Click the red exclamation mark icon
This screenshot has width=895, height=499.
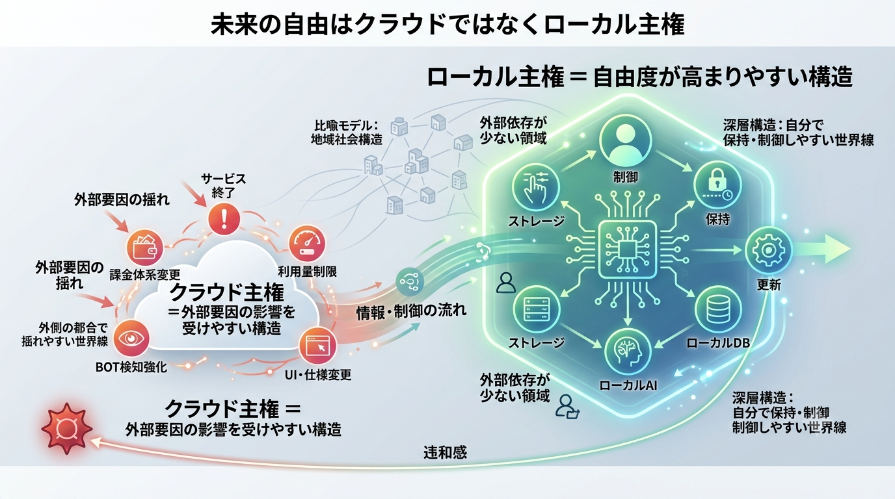tap(224, 218)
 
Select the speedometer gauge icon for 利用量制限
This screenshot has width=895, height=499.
tap(307, 243)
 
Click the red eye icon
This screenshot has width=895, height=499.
tap(131, 339)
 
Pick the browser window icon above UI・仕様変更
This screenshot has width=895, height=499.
tap(317, 346)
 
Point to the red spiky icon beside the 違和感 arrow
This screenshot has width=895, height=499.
tap(67, 429)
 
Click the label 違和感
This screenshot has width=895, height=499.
tap(445, 453)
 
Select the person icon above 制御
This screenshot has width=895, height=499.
tap(625, 140)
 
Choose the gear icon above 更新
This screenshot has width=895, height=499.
tap(768, 250)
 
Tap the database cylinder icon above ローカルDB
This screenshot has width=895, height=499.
tap(718, 310)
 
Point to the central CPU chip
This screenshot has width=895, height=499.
tap(628, 250)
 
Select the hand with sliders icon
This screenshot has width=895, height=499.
tap(536, 187)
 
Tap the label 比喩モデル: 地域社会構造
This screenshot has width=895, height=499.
tap(347, 133)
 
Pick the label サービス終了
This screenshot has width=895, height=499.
tap(223, 186)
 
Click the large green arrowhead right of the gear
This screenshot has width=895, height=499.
tap(836, 249)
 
